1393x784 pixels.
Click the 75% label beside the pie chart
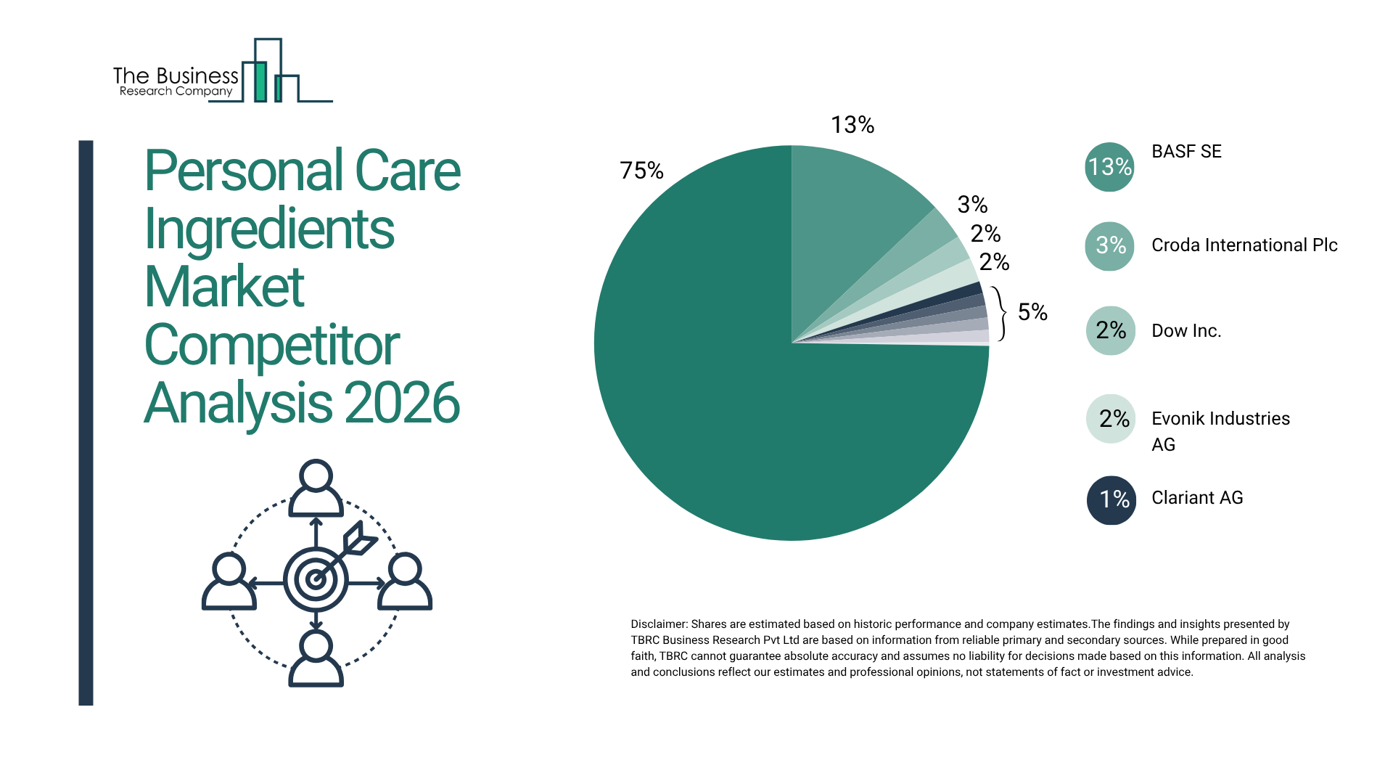coord(641,171)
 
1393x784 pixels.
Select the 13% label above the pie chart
coord(852,125)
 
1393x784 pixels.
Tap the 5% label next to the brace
coord(1032,312)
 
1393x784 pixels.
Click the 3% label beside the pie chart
coord(972,205)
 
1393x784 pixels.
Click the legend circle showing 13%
coord(1109,167)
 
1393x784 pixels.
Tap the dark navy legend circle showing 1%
coord(1111,499)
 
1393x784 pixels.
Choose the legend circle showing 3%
coord(1109,246)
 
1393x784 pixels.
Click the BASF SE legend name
coord(1186,152)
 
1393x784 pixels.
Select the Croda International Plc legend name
coord(1244,245)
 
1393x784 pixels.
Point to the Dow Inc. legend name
coord(1186,331)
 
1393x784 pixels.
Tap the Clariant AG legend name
coord(1197,498)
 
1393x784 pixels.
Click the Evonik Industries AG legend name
coord(1220,431)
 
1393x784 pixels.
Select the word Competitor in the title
coord(272,346)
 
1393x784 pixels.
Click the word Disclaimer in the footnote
coord(658,624)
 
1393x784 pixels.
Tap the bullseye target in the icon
coord(316,579)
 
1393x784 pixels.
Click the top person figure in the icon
coord(316,488)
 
